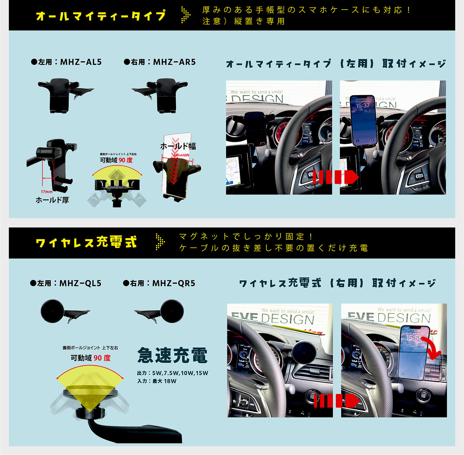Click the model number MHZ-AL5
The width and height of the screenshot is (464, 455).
(80, 62)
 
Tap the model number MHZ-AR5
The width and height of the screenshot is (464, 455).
(174, 62)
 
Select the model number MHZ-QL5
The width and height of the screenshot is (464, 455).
(80, 283)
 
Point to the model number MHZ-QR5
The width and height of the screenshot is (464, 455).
(174, 283)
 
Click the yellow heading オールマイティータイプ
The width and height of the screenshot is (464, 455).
(101, 15)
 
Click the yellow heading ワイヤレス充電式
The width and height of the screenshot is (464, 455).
(86, 242)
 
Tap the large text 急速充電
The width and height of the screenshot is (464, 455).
(172, 355)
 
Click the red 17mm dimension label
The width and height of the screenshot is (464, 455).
(47, 192)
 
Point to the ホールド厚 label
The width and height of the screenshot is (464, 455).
(52, 200)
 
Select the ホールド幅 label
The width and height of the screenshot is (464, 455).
(178, 146)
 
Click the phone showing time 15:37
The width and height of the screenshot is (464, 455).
(363, 121)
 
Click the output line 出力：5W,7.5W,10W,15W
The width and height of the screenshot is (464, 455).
(172, 373)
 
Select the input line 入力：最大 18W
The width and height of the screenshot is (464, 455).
(157, 381)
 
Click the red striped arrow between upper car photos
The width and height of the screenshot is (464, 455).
(336, 177)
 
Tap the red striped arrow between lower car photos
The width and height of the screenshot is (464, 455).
(337, 400)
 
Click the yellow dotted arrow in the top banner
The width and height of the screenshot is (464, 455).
(185, 15)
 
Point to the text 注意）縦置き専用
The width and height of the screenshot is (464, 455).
(243, 21)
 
